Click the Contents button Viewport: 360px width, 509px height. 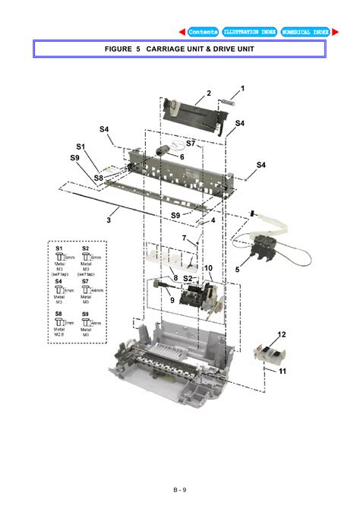click(203, 32)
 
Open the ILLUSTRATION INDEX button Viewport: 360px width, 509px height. click(250, 32)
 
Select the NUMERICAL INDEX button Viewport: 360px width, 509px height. click(305, 32)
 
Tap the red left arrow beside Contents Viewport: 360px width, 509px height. click(182, 32)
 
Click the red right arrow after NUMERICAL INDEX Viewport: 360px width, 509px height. click(334, 32)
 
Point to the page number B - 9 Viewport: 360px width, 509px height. click(179, 490)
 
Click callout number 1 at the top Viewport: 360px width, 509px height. click(242, 89)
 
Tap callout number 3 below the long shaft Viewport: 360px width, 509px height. click(109, 220)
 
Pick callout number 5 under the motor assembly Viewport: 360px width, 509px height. click(237, 269)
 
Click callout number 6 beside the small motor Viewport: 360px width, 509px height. click(182, 156)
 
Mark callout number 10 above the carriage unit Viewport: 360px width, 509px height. click(207, 267)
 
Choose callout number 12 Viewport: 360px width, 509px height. click(281, 334)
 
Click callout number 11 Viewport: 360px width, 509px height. click(281, 371)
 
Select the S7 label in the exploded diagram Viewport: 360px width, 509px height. click(191, 143)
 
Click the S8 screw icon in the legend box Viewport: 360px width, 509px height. click(59, 322)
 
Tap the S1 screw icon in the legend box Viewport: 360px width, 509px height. click(59, 258)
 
